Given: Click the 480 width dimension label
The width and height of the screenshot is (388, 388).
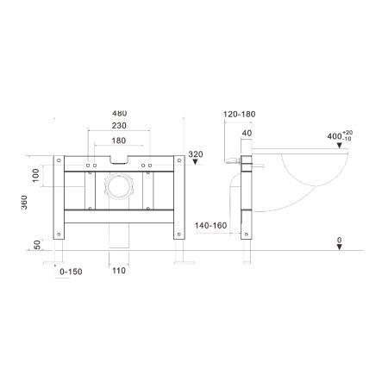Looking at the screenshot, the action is pyautogui.click(x=120, y=113).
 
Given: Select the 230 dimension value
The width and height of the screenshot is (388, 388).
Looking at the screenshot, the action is pyautogui.click(x=119, y=126).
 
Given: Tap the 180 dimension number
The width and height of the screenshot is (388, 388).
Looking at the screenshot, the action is pyautogui.click(x=119, y=141).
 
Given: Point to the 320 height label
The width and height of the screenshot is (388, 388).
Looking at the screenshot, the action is pyautogui.click(x=196, y=154).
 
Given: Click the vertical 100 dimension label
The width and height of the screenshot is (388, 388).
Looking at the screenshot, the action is pyautogui.click(x=35, y=175).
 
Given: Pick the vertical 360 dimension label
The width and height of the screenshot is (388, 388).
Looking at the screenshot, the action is pyautogui.click(x=24, y=203).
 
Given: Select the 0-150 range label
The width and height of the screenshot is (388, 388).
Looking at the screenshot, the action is pyautogui.click(x=71, y=272).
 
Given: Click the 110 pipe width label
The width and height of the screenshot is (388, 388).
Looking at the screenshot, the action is pyautogui.click(x=119, y=271).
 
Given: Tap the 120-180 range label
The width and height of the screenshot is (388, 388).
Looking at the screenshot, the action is pyautogui.click(x=240, y=114).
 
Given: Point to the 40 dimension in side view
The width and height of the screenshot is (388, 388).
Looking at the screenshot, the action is pyautogui.click(x=247, y=133).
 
